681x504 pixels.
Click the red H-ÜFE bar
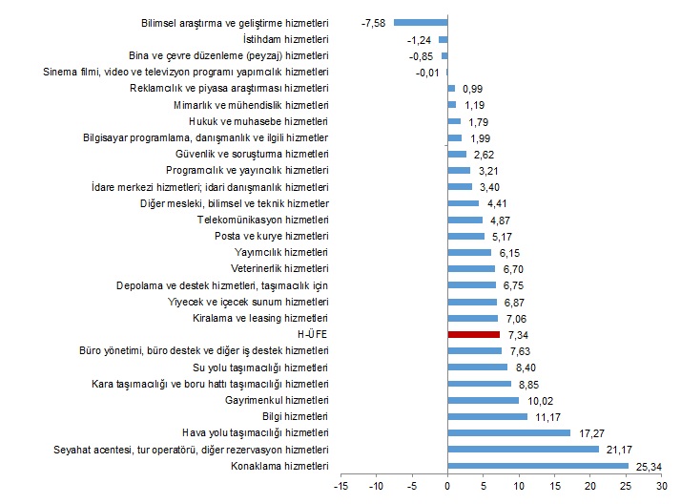(x=473, y=335)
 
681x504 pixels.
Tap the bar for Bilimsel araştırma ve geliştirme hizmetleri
(x=421, y=22)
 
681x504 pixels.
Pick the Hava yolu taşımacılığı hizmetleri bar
(x=508, y=433)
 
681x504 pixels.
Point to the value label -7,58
(x=373, y=22)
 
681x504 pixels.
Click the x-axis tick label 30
(x=660, y=487)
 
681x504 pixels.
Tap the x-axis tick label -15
(x=340, y=487)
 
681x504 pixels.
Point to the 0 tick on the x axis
(x=447, y=487)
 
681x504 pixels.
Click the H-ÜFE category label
(x=313, y=335)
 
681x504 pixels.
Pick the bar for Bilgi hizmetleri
(x=486, y=417)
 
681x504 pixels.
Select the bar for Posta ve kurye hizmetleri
(x=465, y=236)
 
